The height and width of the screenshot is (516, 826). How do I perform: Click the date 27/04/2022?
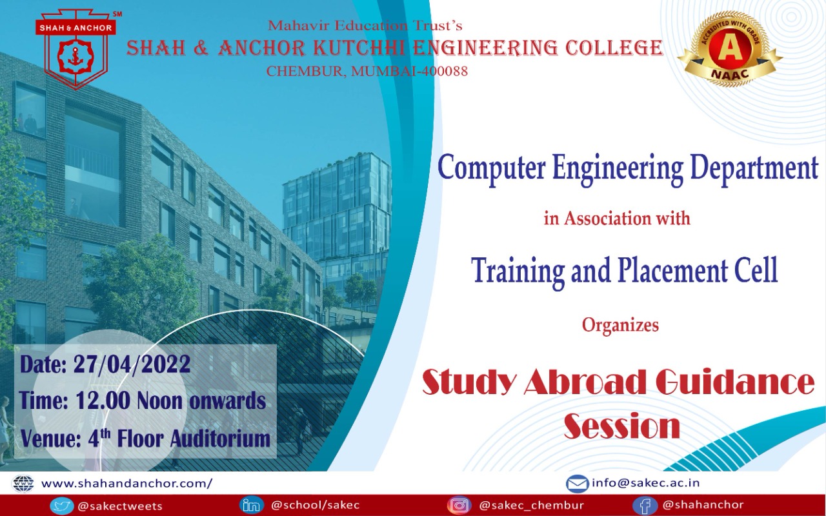pyautogui.click(x=132, y=364)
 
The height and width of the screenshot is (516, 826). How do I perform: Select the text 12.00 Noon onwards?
pyautogui.click(x=170, y=401)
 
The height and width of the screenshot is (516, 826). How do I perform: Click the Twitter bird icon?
pyautogui.click(x=61, y=506)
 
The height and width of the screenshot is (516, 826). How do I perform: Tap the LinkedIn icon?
pyautogui.click(x=251, y=505)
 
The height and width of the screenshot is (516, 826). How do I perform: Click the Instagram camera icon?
pyautogui.click(x=459, y=505)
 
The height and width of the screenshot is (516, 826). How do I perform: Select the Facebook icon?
pyautogui.click(x=645, y=505)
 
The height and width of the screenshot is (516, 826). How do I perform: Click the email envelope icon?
pyautogui.click(x=577, y=483)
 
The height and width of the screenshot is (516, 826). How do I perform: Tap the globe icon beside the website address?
pyautogui.click(x=23, y=483)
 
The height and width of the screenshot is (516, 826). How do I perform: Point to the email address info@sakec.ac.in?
pyautogui.click(x=646, y=482)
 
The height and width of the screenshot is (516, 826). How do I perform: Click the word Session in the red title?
pyautogui.click(x=622, y=426)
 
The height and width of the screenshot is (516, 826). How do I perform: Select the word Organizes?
pyautogui.click(x=620, y=324)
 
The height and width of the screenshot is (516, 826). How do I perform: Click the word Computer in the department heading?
pyautogui.click(x=490, y=168)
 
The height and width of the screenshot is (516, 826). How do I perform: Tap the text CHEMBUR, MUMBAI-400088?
pyautogui.click(x=367, y=71)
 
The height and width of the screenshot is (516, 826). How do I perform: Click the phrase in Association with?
pyautogui.click(x=617, y=218)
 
